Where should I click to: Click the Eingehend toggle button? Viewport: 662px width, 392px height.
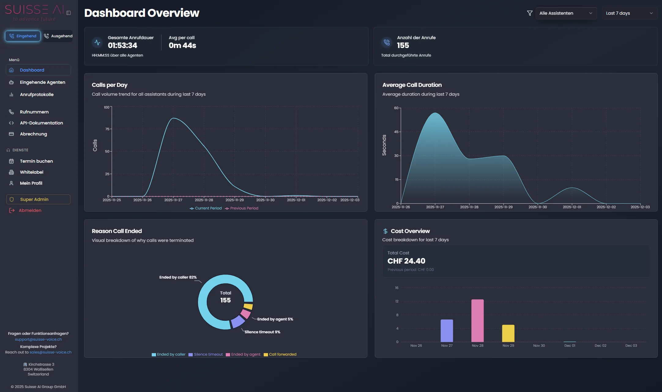point(23,36)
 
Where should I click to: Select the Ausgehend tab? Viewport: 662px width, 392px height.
point(58,36)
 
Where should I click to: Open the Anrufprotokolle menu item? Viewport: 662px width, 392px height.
point(37,94)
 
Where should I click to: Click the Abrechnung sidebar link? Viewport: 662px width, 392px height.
point(33,134)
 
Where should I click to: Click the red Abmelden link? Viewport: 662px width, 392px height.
point(30,210)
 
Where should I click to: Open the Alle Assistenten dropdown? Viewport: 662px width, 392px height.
point(566,13)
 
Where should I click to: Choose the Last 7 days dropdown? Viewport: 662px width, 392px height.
point(629,13)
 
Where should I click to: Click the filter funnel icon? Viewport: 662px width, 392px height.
point(530,13)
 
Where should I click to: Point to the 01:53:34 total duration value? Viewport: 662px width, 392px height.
point(122,46)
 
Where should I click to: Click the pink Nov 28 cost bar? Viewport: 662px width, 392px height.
point(477,320)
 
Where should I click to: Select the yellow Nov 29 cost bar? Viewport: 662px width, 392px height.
point(508,333)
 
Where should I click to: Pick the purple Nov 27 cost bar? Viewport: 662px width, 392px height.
point(447,331)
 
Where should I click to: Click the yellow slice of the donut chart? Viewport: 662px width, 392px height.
point(248,306)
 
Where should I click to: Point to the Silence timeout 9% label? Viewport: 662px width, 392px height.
point(262,332)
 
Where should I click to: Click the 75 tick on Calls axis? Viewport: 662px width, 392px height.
point(107,129)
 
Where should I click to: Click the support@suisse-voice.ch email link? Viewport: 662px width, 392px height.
point(38,339)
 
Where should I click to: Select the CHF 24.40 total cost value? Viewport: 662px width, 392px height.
point(406,261)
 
